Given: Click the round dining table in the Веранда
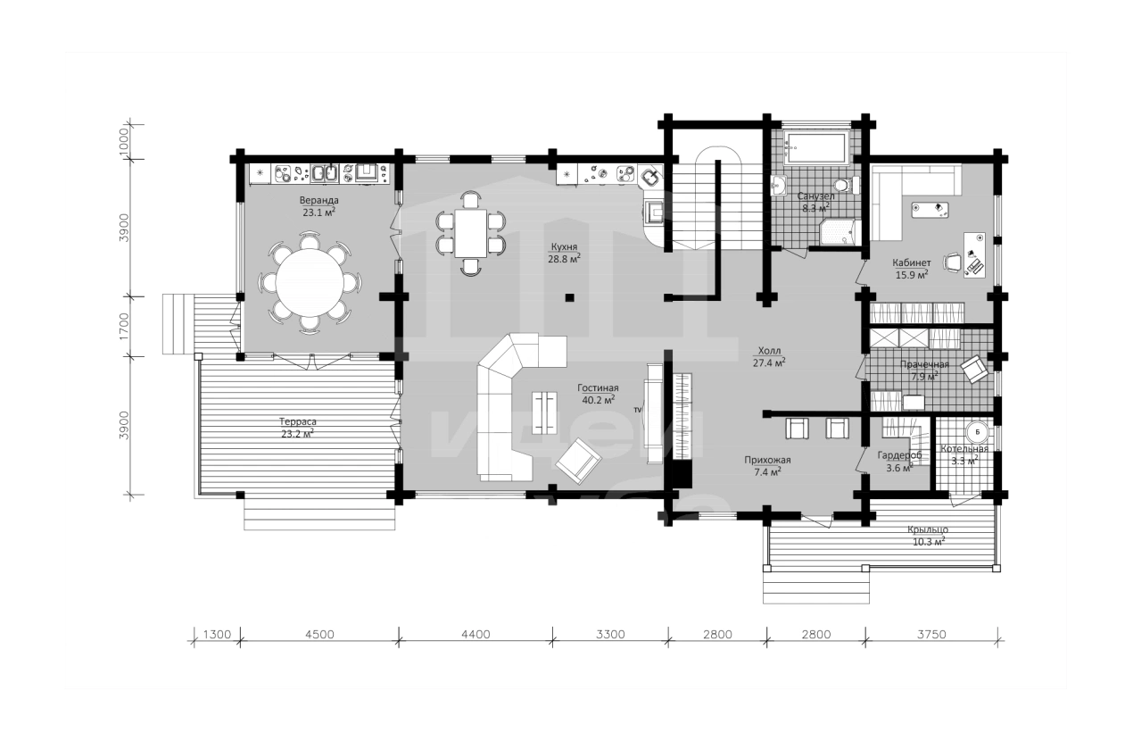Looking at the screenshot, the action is (x=309, y=282).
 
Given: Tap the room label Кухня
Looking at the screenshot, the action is (x=564, y=247).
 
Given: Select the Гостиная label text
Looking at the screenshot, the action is (x=598, y=388).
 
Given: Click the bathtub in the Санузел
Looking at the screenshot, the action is (x=815, y=149).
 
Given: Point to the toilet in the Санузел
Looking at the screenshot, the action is (x=845, y=186).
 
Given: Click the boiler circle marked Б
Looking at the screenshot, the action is (x=978, y=432).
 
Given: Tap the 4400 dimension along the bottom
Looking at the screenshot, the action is (x=476, y=634).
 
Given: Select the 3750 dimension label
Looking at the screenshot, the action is (x=931, y=634).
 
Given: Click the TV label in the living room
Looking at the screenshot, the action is (x=638, y=410).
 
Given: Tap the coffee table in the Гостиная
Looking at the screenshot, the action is (x=544, y=412).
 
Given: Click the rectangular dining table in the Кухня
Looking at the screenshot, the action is (x=471, y=233).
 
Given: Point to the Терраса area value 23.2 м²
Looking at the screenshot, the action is (x=297, y=433).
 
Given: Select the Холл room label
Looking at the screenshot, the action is (x=769, y=350).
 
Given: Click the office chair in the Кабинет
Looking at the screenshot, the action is (x=953, y=262).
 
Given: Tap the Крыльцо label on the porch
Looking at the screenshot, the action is (x=928, y=529).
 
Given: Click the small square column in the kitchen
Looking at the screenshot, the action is (x=569, y=297).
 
